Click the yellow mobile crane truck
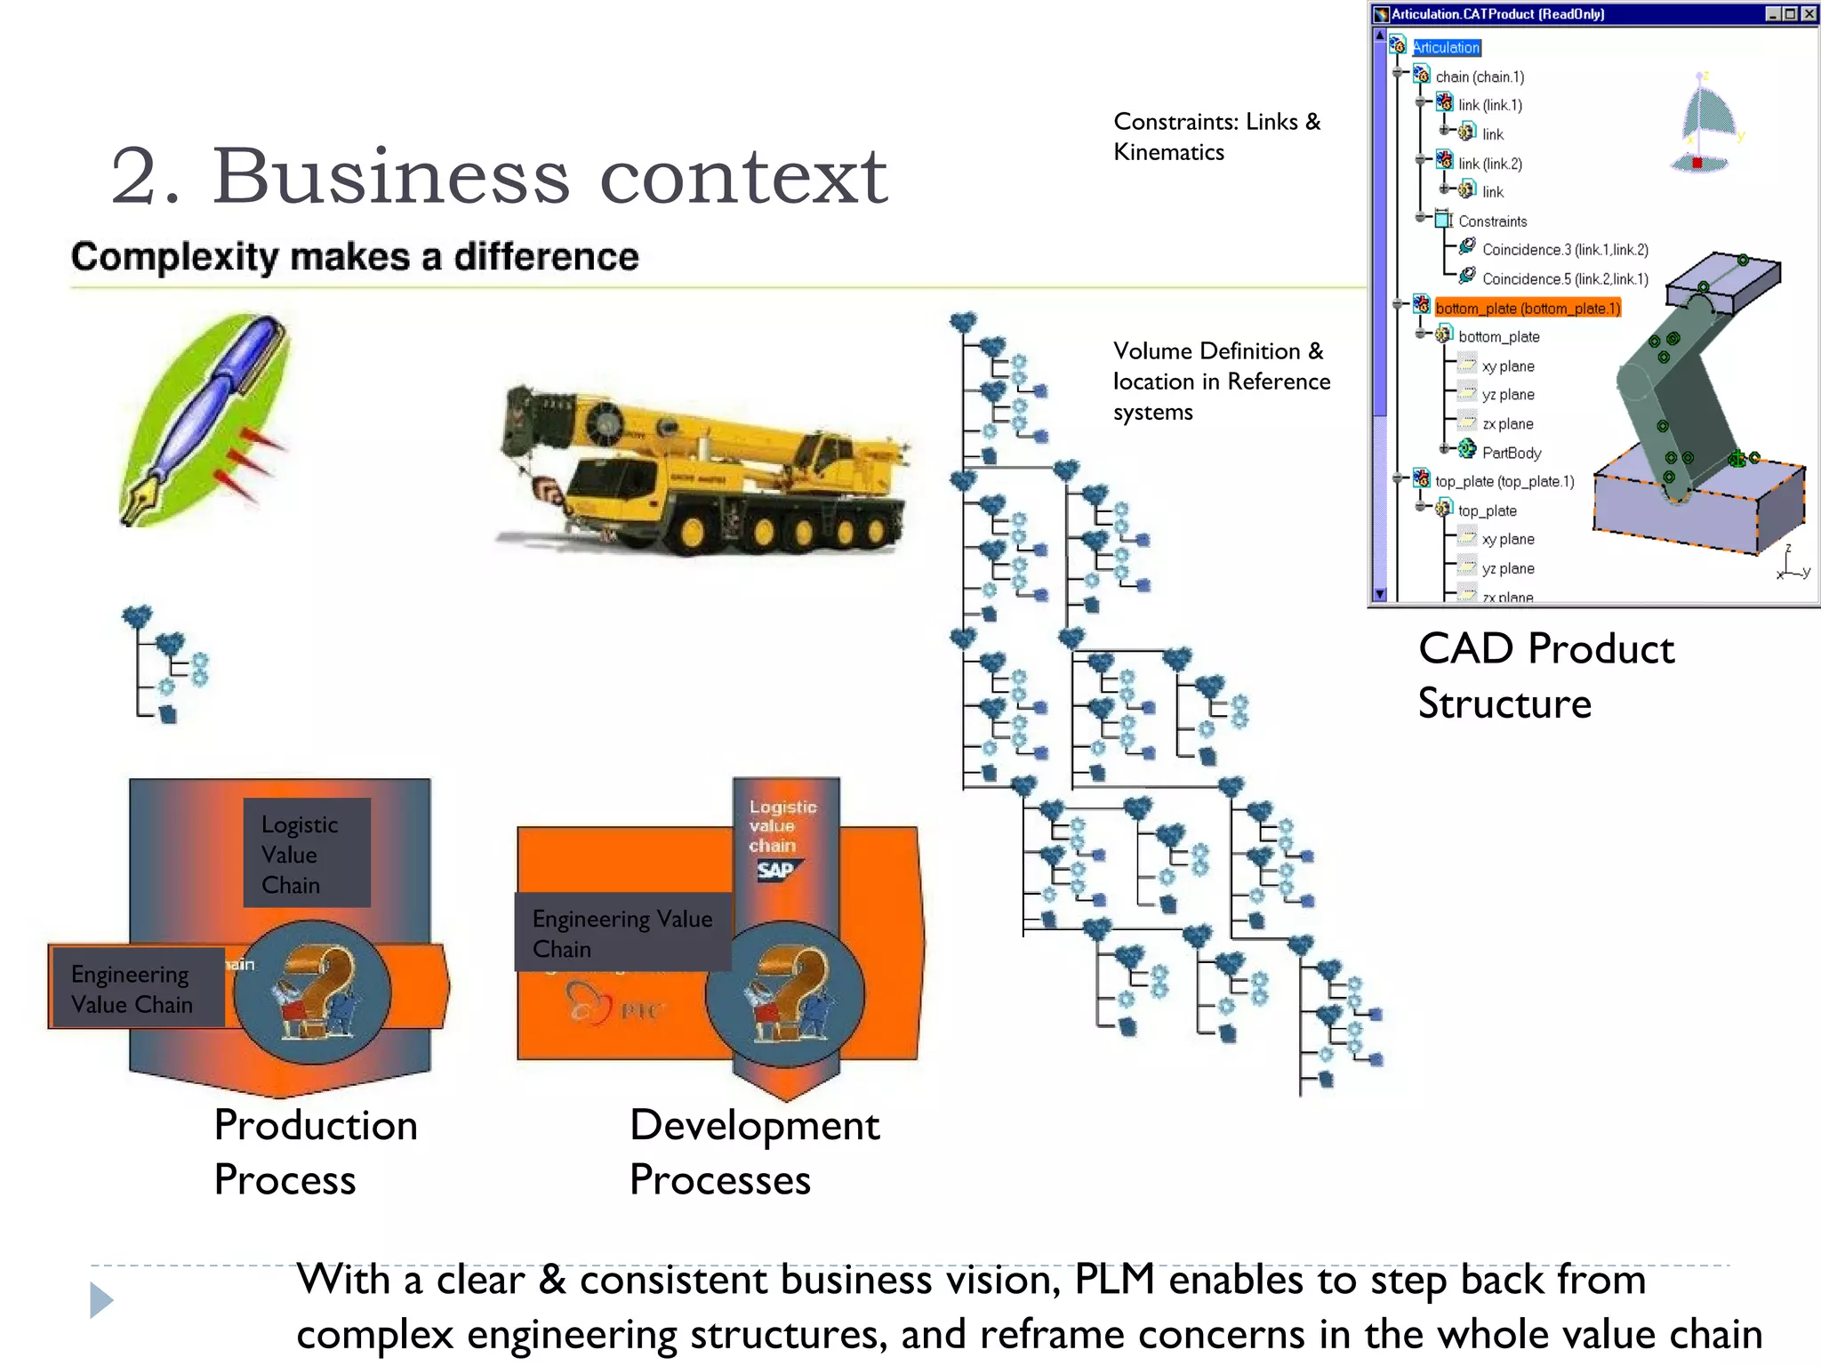point(702,471)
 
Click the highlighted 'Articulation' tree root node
point(1446,48)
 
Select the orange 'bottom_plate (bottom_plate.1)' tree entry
point(1527,309)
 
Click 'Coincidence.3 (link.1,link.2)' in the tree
point(1564,250)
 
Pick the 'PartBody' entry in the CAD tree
point(1511,453)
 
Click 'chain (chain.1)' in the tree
point(1479,77)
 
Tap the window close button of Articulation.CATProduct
point(1809,13)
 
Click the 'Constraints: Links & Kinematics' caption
point(1215,137)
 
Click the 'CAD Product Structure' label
point(1544,675)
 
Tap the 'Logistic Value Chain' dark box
point(306,854)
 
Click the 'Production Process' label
point(315,1152)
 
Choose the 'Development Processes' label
point(752,1152)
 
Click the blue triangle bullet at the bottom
point(101,1300)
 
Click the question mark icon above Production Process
point(313,992)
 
